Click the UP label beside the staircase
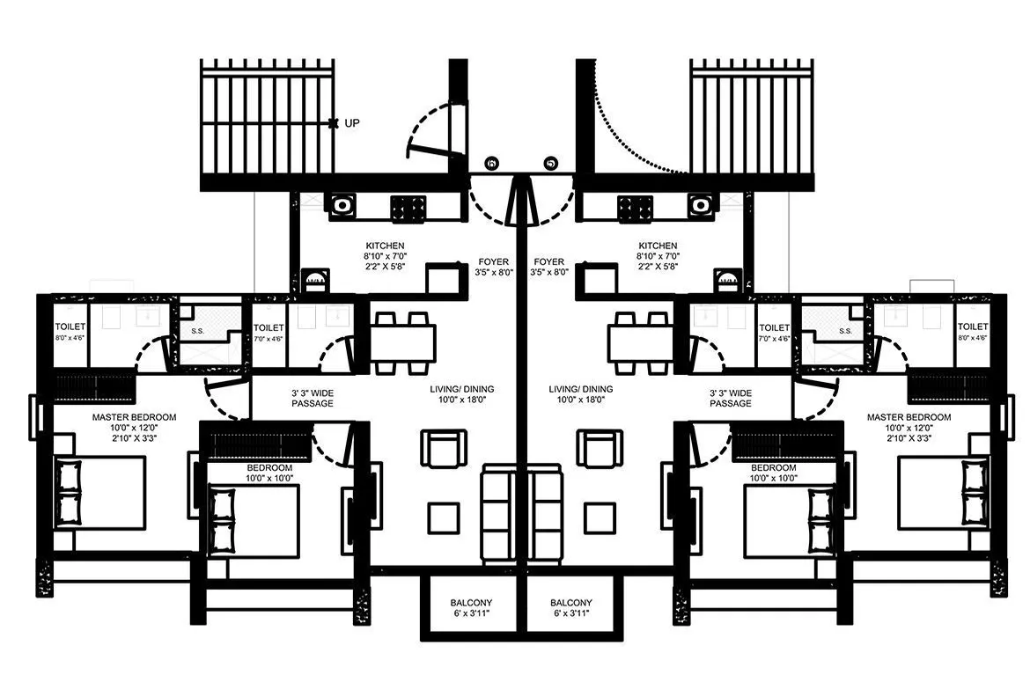(x=352, y=123)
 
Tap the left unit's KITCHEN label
(x=386, y=246)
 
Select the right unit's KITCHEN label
(x=658, y=246)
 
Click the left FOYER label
(x=493, y=261)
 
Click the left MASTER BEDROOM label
(x=135, y=416)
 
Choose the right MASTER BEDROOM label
(x=909, y=416)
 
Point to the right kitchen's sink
(x=701, y=205)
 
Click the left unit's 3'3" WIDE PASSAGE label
(x=313, y=398)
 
